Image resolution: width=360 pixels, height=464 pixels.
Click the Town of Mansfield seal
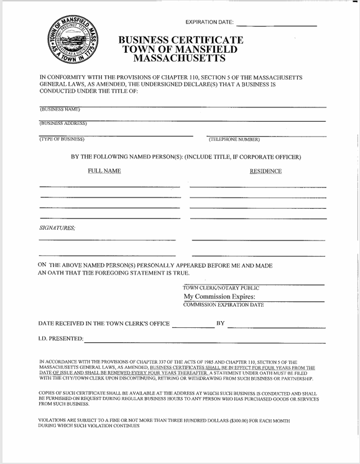[x=74, y=42]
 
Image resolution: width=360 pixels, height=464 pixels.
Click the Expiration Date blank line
[x=277, y=25]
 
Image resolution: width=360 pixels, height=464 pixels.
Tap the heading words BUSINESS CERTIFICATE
[x=182, y=40]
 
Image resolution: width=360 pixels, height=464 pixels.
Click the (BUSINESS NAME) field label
[x=60, y=110]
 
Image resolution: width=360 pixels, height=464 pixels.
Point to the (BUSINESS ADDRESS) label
[x=63, y=123]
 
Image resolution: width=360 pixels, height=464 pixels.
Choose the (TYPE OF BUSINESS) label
[x=62, y=139]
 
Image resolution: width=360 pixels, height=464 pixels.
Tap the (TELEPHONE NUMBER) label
[x=234, y=139]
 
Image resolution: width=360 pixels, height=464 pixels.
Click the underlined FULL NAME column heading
[x=104, y=171]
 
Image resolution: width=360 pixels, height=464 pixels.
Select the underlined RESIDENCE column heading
[x=265, y=171]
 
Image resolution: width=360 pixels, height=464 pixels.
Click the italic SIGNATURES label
[x=57, y=229]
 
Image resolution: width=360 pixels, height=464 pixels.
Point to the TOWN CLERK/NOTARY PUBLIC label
[x=221, y=288]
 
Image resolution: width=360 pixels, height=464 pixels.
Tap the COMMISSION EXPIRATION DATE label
[x=223, y=305]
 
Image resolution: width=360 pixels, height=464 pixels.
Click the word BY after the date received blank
[x=220, y=324]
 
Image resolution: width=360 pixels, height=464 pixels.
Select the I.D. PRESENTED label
[x=60, y=339]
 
